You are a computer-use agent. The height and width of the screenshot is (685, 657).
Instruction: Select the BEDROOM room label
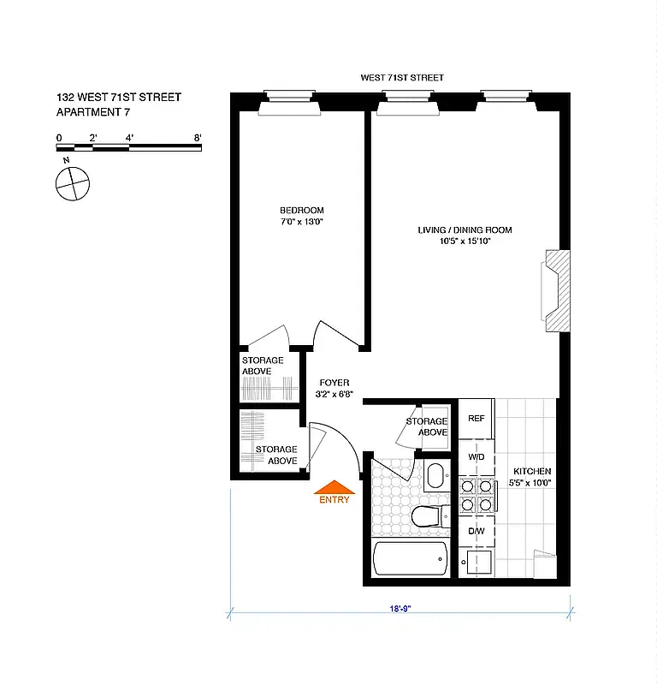pos(302,211)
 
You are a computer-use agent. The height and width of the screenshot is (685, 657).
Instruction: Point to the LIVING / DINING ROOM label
pos(465,229)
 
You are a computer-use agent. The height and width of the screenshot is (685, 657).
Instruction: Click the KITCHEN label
pos(531,472)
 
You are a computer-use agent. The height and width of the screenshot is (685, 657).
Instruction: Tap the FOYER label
pos(334,383)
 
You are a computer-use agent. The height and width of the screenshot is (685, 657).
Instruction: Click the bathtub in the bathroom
pos(411,558)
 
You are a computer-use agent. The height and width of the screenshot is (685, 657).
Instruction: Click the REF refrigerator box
pos(476,419)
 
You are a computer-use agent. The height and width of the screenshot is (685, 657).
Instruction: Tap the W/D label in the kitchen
pos(476,457)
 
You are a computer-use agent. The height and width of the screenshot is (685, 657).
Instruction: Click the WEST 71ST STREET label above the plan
pos(402,78)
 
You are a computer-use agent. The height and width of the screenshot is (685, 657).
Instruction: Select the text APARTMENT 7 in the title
pos(94,112)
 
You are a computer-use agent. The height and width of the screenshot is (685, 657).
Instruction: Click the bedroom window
pos(290,96)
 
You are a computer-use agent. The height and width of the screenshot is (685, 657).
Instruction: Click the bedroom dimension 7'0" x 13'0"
pos(302,223)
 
